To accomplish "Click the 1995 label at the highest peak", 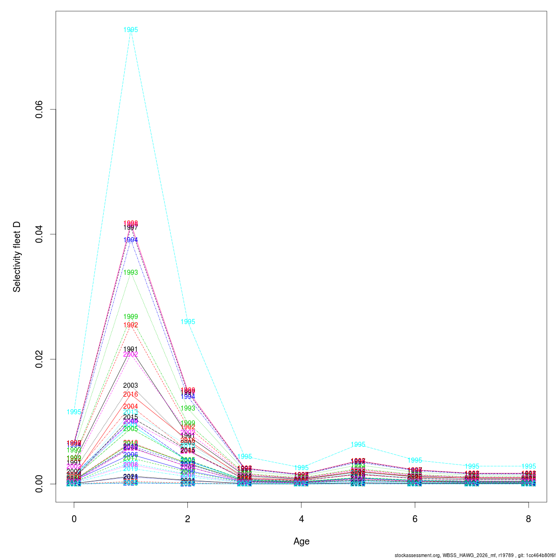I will click(131, 30).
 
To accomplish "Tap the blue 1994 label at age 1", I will click(131, 240).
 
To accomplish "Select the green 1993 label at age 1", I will click(131, 272).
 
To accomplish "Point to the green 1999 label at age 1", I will click(131, 317).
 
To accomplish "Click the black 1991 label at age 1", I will click(131, 349).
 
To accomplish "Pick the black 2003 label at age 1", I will click(131, 385).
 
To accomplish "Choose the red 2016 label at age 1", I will click(131, 394).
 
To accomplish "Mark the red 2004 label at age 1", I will click(131, 406).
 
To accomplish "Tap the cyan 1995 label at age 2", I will click(188, 322).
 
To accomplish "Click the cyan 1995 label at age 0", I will click(74, 412).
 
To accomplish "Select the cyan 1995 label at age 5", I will click(358, 445).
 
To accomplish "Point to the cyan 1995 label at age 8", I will click(528, 466).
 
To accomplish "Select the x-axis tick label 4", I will click(301, 519).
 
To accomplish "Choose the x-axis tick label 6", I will click(415, 519).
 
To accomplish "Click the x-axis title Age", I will click(301, 541).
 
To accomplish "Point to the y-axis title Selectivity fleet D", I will click(17, 257).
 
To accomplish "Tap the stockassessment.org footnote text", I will click(474, 555).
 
